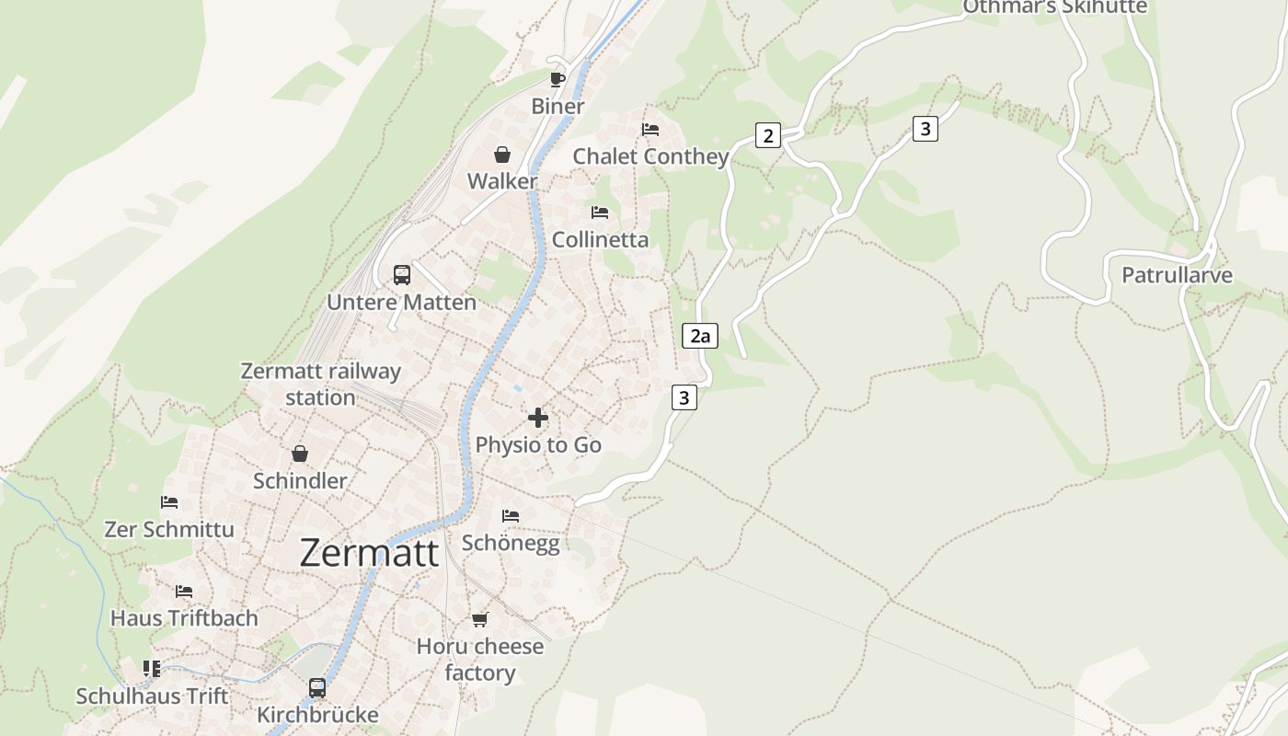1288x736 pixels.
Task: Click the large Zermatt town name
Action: pos(369,552)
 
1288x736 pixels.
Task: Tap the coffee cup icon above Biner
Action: pos(557,78)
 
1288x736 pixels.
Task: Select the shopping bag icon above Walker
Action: pos(502,154)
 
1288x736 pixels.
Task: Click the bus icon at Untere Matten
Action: pos(402,274)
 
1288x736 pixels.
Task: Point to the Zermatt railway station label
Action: pos(320,384)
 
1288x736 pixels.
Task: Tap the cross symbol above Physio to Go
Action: pos(538,418)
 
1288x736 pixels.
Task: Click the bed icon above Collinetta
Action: pos(600,213)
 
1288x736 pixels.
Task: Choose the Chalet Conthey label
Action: pos(650,156)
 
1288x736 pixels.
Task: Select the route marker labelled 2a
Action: pos(700,336)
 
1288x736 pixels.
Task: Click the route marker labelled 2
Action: pos(767,135)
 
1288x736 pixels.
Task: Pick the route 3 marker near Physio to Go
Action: pos(683,397)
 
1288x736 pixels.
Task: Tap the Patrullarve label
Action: pos(1177,275)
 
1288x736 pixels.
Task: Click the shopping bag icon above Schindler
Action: pos(300,454)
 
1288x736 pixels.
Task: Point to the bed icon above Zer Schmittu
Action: pos(169,502)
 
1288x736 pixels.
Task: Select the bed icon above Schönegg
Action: pos(511,516)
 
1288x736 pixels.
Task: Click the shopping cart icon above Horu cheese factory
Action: pos(479,619)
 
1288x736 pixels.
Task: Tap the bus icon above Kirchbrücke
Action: pos(316,687)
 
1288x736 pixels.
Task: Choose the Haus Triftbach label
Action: pos(184,618)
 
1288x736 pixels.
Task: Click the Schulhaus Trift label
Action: pos(152,696)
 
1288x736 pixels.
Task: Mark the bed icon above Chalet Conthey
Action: pos(650,129)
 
